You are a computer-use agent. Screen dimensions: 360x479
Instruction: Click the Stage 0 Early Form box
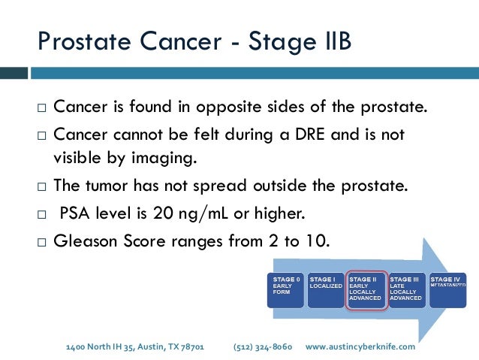286,289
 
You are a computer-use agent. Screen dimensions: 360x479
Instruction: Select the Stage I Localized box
326,289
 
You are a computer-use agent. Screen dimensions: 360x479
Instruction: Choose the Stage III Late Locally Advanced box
406,289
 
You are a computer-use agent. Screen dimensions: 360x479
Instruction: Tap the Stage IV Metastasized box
446,289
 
